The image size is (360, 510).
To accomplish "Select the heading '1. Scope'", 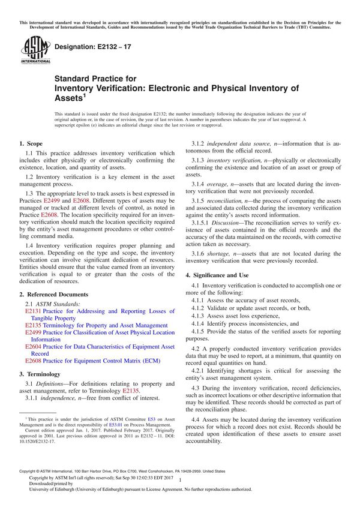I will [31, 144].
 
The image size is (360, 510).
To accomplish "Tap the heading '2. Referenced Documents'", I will [54, 295].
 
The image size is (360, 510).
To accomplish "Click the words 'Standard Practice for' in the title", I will [95, 79].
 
